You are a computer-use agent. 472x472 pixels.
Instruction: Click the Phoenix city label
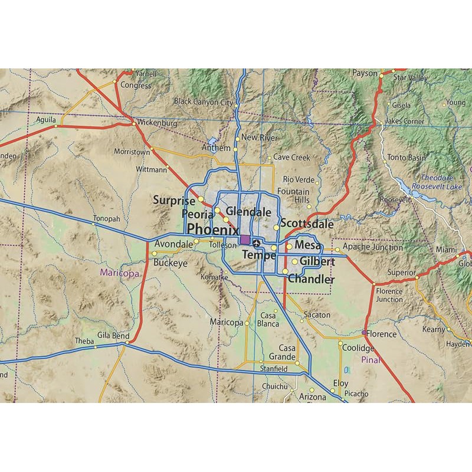(212, 229)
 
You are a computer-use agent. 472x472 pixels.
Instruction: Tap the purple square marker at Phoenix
(245, 239)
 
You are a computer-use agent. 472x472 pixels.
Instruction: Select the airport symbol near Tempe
(256, 242)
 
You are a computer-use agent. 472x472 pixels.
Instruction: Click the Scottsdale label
(307, 224)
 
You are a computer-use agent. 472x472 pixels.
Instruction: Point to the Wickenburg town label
(156, 123)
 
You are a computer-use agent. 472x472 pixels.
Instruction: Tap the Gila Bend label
(113, 336)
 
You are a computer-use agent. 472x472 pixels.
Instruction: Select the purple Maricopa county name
(119, 273)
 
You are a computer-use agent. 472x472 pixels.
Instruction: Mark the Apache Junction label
(373, 247)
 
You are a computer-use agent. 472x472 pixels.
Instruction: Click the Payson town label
(365, 73)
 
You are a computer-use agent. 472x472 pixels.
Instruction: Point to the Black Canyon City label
(203, 101)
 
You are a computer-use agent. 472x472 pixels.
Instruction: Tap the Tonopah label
(106, 218)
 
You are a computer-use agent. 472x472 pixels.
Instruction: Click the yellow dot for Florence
(363, 333)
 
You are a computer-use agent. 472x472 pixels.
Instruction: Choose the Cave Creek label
(291, 158)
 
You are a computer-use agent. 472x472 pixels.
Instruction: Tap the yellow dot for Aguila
(56, 126)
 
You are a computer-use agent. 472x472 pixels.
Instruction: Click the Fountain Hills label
(293, 195)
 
